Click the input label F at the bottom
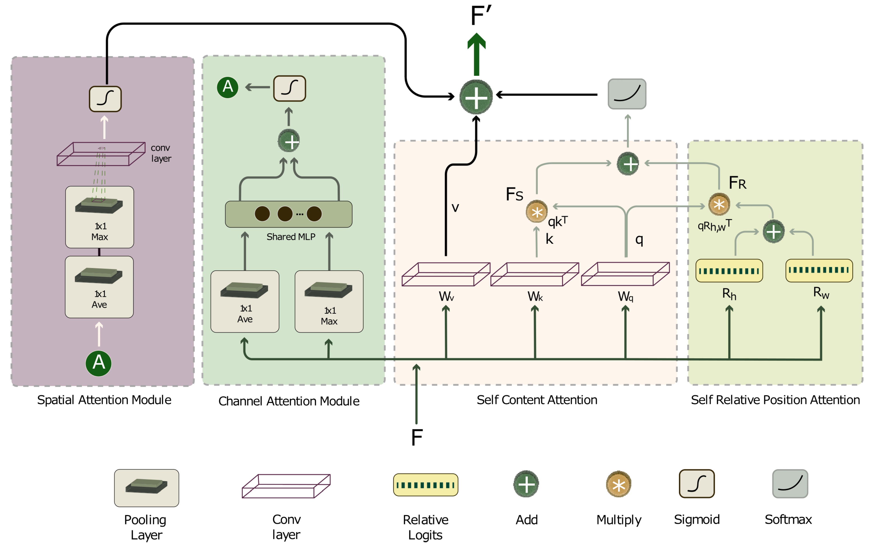(x=417, y=438)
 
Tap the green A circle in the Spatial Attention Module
(x=99, y=363)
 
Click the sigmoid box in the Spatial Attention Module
(x=105, y=99)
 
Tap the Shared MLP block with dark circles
(x=288, y=214)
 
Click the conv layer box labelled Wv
(x=446, y=274)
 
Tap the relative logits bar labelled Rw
(x=819, y=270)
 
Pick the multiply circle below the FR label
(x=719, y=204)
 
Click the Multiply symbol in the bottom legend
(x=618, y=484)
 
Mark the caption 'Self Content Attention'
(x=537, y=400)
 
